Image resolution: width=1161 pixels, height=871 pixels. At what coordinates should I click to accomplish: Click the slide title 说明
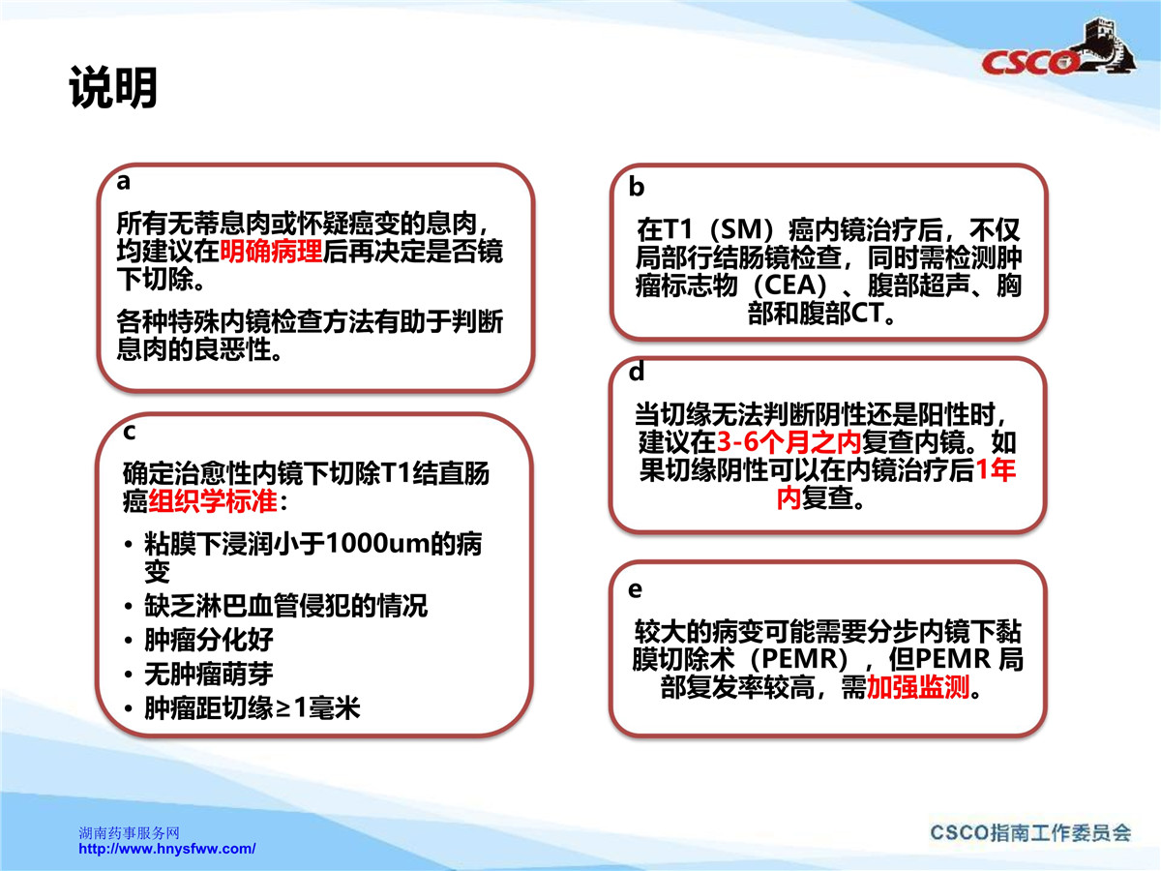(112, 87)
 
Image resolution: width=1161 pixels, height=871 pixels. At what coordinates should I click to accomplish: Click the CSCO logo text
(1029, 62)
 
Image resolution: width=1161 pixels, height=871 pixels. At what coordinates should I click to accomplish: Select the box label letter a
(123, 181)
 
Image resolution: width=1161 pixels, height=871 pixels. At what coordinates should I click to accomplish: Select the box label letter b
(637, 187)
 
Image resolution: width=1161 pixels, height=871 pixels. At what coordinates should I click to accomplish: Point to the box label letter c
(129, 432)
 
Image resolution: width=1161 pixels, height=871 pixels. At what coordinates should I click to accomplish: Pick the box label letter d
(637, 372)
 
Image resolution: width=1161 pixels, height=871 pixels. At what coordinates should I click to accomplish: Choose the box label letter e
(636, 589)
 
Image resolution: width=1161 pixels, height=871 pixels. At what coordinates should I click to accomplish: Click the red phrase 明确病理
(271, 252)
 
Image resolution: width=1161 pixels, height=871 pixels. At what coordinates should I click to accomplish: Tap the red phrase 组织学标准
(213, 500)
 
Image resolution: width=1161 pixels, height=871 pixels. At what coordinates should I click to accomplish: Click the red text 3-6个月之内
(789, 441)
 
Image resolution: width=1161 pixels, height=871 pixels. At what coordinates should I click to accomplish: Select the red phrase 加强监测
(918, 687)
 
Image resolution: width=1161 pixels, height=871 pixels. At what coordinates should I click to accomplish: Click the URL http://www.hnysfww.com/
(167, 850)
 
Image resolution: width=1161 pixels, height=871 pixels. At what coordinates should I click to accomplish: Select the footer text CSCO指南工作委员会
(1030, 833)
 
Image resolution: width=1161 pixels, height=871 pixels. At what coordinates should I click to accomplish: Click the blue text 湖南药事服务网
(129, 833)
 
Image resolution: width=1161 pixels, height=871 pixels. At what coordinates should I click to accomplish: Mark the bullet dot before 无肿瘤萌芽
(128, 675)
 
